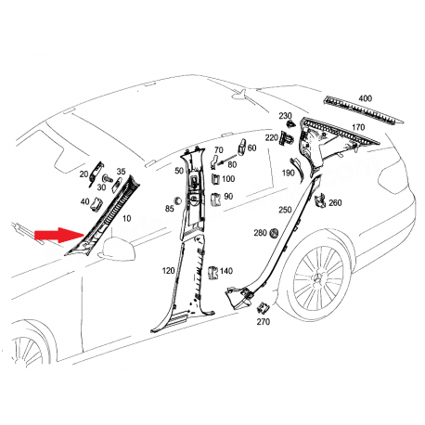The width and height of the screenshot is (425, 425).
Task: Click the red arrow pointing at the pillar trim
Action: [57, 237]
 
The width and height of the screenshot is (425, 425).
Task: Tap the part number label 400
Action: [365, 97]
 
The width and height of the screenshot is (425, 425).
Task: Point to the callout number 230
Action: [285, 115]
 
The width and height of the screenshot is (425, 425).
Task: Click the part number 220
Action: [271, 137]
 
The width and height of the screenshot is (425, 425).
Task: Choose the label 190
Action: [289, 173]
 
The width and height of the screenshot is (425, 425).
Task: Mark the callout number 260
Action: [335, 202]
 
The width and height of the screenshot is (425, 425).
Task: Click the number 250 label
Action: [285, 210]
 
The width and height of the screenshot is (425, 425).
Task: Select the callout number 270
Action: [263, 322]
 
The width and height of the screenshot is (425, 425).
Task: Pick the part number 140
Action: [225, 271]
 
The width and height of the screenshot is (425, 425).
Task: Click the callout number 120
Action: [168, 270]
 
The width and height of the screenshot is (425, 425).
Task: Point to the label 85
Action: [169, 209]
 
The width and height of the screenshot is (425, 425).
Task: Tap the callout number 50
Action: [179, 171]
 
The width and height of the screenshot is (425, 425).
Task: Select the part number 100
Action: [227, 178]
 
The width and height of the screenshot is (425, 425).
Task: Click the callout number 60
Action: [251, 148]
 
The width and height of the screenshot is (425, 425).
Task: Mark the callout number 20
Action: [84, 174]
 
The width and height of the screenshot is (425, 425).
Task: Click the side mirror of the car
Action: [118, 248]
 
